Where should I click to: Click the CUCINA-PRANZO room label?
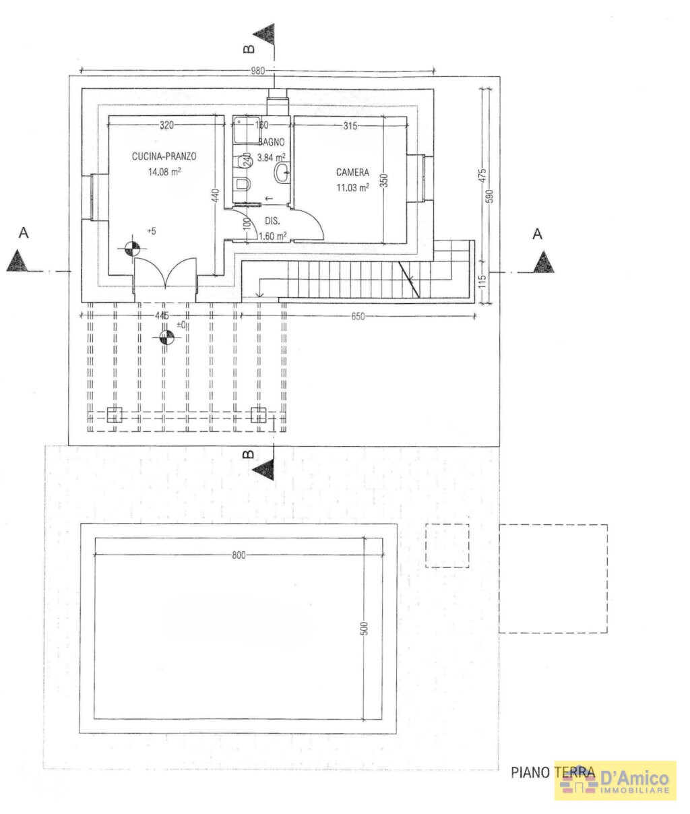[x=164, y=156]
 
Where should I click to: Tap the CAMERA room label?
[x=352, y=173]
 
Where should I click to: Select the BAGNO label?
[x=272, y=142]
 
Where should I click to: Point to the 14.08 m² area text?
[x=164, y=172]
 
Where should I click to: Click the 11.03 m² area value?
[x=352, y=188]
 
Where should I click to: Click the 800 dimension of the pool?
[x=239, y=555]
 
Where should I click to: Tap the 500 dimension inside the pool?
[x=365, y=627]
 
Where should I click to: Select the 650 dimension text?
[x=357, y=316]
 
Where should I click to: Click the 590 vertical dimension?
[x=490, y=195]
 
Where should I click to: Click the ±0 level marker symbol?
[x=166, y=336]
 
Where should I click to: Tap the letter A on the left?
[x=24, y=233]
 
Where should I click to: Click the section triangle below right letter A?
[x=542, y=262]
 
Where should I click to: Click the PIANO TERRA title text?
[x=543, y=772]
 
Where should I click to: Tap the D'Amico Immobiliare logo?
[x=615, y=780]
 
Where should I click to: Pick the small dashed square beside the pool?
[x=447, y=545]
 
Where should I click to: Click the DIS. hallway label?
[x=272, y=221]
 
